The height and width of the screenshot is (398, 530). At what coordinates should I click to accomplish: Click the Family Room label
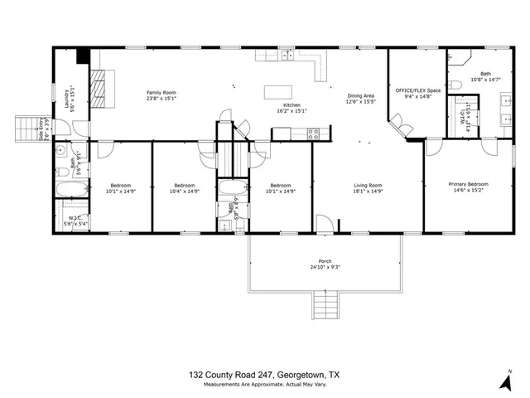pos(161,92)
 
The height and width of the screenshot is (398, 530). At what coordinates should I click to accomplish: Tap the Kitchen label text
pos(291,105)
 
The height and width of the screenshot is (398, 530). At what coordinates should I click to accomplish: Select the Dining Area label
pos(360,96)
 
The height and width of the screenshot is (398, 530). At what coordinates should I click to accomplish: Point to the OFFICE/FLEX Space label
pos(417,89)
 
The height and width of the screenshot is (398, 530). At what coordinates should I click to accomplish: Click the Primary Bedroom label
pos(469,184)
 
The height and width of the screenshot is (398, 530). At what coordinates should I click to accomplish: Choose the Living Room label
pos(368,185)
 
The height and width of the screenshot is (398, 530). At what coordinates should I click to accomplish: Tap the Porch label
pos(325,260)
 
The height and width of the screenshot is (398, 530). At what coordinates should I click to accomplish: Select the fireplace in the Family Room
pos(99,86)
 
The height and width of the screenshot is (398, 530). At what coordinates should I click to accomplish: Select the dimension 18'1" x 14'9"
pos(368,192)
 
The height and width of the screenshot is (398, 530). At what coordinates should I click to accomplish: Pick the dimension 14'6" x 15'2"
pos(469,191)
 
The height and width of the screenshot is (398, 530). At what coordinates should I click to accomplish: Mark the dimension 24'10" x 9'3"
pos(325,267)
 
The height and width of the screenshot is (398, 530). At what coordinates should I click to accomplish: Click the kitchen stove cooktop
pos(314,132)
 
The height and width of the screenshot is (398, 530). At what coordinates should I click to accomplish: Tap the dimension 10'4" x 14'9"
pos(184,192)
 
